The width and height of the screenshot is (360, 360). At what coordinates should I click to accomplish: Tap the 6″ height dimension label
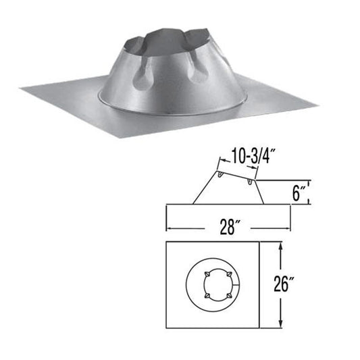coord(299,193)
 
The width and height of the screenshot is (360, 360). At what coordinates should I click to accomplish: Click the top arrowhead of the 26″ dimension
coord(280,247)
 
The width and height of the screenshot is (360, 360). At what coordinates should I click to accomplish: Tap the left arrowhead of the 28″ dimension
coord(169,228)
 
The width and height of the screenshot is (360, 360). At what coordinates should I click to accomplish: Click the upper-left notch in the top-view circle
coord(207,273)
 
